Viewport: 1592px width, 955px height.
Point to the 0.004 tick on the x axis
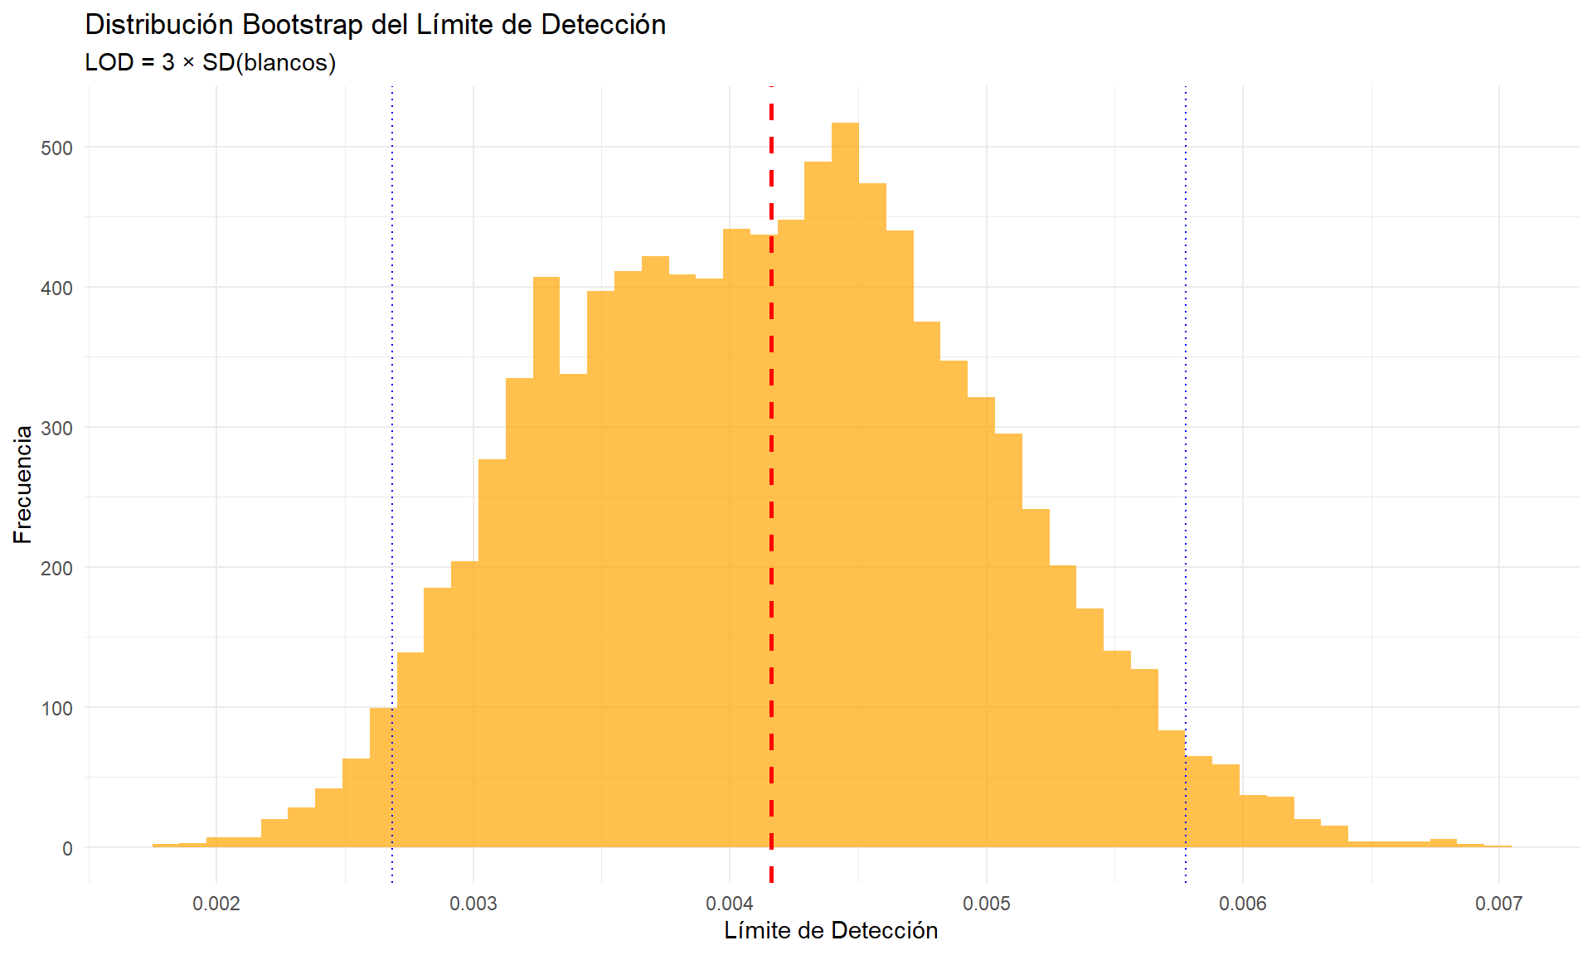coord(730,904)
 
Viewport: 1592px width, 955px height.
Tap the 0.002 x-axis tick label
coord(216,904)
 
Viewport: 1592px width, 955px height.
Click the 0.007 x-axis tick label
coord(1498,904)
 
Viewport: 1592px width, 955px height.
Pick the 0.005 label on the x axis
coord(987,904)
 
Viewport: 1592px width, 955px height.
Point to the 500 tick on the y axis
coord(56,148)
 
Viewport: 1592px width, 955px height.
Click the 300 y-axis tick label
coord(56,428)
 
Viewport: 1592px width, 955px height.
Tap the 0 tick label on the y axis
coord(67,848)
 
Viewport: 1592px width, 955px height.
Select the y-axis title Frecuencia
coord(23,484)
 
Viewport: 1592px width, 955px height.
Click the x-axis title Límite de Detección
coord(831,930)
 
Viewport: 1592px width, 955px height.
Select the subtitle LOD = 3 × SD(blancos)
coord(210,62)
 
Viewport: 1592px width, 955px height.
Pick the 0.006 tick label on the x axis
coord(1242,904)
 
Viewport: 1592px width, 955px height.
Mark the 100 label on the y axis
coord(56,708)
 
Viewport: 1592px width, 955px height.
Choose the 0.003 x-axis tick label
coord(473,904)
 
